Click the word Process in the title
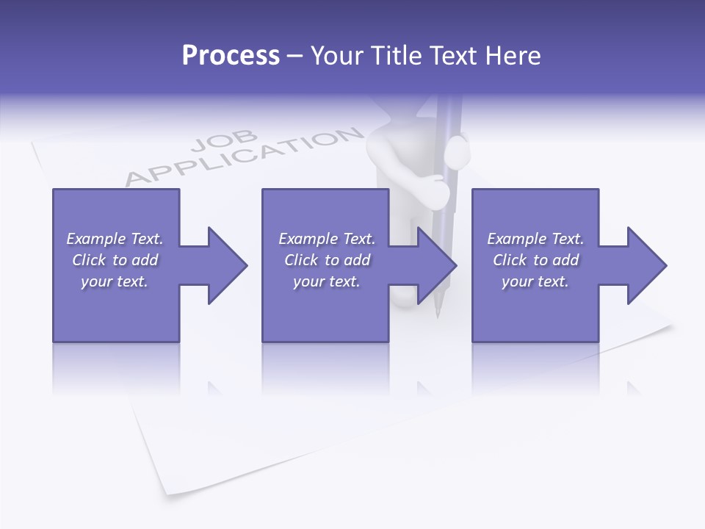pyautogui.click(x=231, y=56)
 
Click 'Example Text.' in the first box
pyautogui.click(x=115, y=239)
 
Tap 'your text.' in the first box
pyautogui.click(x=115, y=281)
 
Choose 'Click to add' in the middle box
pyautogui.click(x=327, y=260)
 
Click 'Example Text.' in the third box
pyautogui.click(x=535, y=239)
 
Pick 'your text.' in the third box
pyautogui.click(x=535, y=281)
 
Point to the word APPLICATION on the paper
pyautogui.click(x=246, y=158)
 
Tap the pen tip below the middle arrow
pyautogui.click(x=438, y=312)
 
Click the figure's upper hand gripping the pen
pyautogui.click(x=457, y=151)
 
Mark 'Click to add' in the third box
pyautogui.click(x=535, y=260)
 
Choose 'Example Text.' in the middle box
pyautogui.click(x=327, y=239)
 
